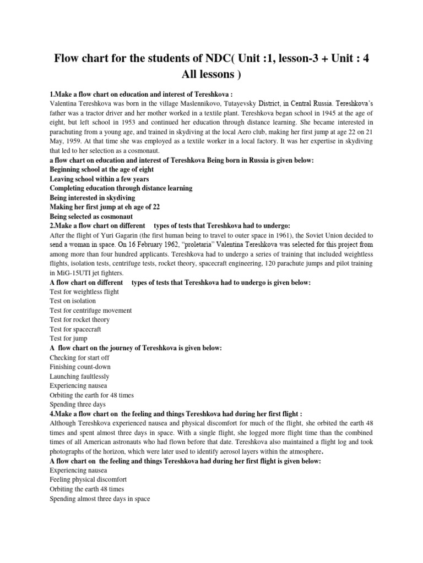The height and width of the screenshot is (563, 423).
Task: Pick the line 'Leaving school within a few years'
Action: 103,179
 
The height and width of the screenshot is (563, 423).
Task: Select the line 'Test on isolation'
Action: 73,301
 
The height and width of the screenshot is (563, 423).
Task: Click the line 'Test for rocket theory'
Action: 80,319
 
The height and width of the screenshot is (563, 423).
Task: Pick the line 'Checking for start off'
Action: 80,357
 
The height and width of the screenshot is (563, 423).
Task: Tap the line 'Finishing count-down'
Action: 78,367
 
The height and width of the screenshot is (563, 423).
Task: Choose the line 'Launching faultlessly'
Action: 79,376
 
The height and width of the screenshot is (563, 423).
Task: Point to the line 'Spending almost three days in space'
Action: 100,498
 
